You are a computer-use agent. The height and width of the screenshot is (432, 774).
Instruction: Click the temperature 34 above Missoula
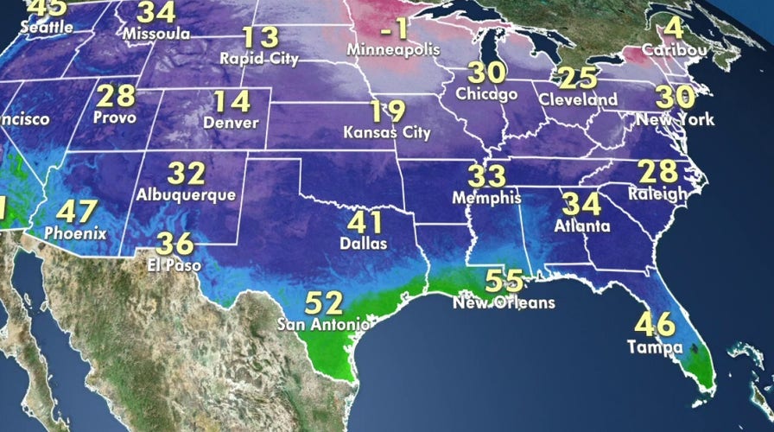point(157,13)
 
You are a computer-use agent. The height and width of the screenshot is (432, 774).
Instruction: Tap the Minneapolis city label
point(392,51)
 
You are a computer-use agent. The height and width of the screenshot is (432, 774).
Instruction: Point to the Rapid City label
point(259,60)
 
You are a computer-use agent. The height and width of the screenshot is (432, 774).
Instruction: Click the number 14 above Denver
point(231,101)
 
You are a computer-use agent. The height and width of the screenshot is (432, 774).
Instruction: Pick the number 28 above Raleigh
point(657,170)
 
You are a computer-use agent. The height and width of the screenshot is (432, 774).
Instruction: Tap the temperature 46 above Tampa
point(655,326)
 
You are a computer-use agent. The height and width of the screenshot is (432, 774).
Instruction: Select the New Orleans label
point(504,303)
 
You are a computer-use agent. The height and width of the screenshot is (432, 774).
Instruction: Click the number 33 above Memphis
point(487,175)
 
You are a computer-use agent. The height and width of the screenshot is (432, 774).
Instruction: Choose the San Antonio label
point(323,325)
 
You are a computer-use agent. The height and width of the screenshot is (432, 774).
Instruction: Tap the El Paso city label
point(173,266)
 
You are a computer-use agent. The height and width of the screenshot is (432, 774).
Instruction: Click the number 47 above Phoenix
point(77,211)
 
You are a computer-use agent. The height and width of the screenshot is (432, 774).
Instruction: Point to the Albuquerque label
point(186,194)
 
